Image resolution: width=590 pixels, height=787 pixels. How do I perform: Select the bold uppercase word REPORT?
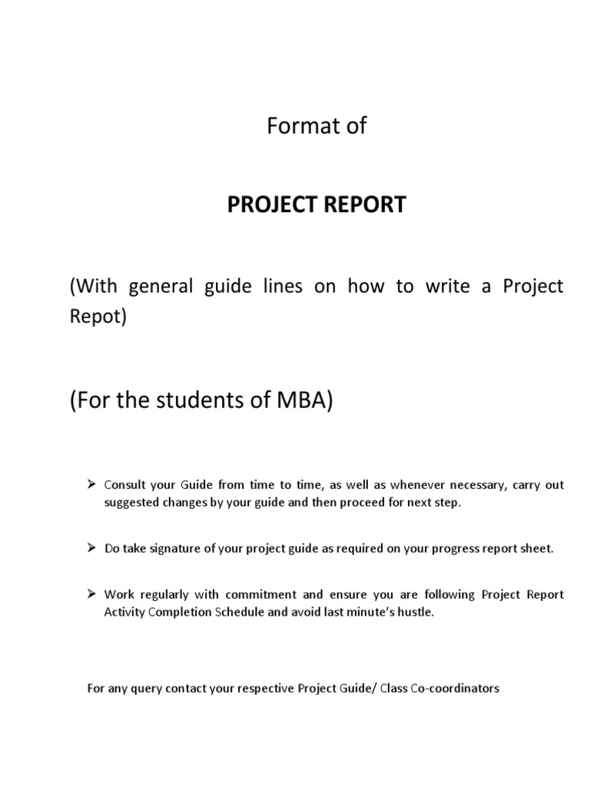coord(363,206)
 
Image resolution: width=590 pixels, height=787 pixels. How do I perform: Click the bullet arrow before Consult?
coord(91,485)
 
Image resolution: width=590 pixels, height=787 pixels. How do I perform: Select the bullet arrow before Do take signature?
coord(91,548)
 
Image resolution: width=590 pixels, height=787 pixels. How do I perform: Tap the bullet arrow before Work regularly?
coord(91,594)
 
